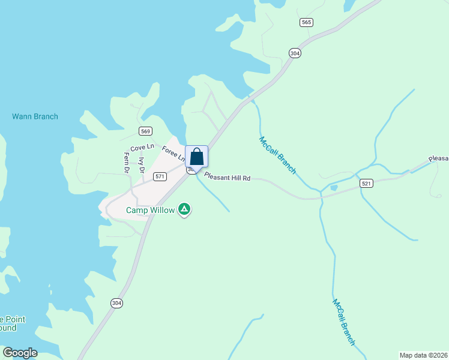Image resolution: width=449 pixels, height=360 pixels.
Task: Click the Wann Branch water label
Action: (x=35, y=116)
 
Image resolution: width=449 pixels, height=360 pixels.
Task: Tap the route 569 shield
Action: (x=145, y=131)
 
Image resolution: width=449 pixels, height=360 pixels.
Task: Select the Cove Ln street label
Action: (x=142, y=147)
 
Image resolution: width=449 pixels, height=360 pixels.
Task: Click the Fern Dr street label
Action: (x=127, y=163)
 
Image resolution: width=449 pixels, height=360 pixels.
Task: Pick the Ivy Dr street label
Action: (x=142, y=165)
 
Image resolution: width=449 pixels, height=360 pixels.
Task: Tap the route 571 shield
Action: (x=159, y=176)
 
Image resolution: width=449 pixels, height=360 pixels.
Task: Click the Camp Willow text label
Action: (x=150, y=210)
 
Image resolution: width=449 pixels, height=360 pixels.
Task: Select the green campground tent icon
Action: (x=185, y=209)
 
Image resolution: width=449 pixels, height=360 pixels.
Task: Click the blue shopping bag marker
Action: (x=196, y=157)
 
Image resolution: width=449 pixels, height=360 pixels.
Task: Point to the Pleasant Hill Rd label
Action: (x=227, y=177)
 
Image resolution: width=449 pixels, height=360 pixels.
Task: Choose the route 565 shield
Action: (x=306, y=22)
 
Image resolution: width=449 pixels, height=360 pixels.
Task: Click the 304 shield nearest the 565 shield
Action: (x=294, y=53)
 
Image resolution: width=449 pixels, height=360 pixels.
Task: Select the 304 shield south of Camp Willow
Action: (x=116, y=303)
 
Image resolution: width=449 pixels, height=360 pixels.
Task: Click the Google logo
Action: (x=20, y=353)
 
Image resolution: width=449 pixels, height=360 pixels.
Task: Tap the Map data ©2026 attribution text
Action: (x=424, y=355)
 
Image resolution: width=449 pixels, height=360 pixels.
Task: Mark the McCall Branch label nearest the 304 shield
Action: (x=277, y=155)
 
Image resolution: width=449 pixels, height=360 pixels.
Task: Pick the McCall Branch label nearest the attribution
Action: (x=343, y=322)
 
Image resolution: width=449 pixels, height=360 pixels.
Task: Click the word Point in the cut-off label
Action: (x=13, y=320)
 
